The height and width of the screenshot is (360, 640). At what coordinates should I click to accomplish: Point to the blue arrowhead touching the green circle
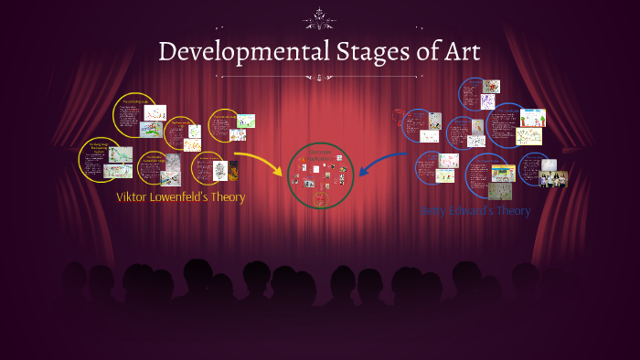click(360, 170)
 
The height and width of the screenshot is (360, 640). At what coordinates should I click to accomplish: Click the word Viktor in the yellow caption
click(132, 197)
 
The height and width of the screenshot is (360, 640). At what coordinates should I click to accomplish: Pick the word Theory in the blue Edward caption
click(512, 211)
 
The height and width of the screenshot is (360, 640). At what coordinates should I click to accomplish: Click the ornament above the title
click(319, 16)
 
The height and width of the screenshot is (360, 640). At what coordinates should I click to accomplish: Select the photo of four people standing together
click(553, 179)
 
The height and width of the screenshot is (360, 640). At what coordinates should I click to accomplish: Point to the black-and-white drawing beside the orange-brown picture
click(219, 171)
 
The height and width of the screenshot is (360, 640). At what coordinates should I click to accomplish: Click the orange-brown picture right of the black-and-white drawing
click(233, 171)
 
